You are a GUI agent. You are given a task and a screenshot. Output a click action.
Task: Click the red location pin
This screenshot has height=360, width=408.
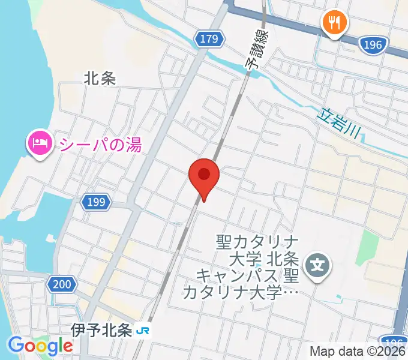(204, 176)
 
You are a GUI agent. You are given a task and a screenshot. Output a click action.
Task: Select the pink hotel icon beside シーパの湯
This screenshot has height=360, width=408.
(40, 144)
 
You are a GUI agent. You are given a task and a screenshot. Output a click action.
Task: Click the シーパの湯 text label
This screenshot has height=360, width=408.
(100, 144)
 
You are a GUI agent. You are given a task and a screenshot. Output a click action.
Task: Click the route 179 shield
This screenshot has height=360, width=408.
(209, 40)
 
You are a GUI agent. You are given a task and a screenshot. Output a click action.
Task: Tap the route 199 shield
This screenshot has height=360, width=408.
(95, 202)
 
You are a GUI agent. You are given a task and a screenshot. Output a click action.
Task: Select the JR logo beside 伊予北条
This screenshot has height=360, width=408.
(143, 331)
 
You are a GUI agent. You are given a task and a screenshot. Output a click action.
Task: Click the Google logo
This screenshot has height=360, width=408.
(40, 346)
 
